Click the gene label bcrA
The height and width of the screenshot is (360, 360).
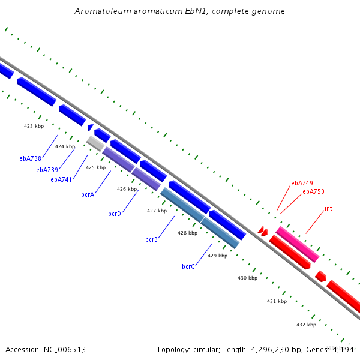pyautogui.click(x=88, y=194)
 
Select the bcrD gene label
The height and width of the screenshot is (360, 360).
pyautogui.click(x=115, y=214)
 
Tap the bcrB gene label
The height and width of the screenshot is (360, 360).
pyautogui.click(x=152, y=239)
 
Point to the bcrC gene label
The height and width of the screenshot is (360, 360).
pyautogui.click(x=188, y=266)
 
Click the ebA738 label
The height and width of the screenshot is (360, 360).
pyautogui.click(x=31, y=158)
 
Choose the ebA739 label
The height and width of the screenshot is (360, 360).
pyautogui.click(x=47, y=170)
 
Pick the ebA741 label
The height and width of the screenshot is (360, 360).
pyautogui.click(x=61, y=179)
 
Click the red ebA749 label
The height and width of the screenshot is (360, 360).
pyautogui.click(x=302, y=183)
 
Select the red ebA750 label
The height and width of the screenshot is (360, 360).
pyautogui.click(x=313, y=191)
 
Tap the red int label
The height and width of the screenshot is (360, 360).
pyautogui.click(x=328, y=208)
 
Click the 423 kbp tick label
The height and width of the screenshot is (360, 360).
pyautogui.click(x=34, y=126)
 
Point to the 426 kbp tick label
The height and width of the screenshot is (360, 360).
pyautogui.click(x=127, y=189)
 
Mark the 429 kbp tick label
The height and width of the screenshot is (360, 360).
pyautogui.click(x=218, y=256)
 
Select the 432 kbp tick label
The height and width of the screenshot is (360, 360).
pyautogui.click(x=307, y=325)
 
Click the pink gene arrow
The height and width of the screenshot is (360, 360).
pyautogui.click(x=298, y=244)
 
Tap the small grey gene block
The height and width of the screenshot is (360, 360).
pyautogui.click(x=95, y=143)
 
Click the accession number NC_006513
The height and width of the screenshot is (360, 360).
pyautogui.click(x=65, y=350)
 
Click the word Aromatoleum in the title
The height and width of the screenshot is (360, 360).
pyautogui.click(x=103, y=11)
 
